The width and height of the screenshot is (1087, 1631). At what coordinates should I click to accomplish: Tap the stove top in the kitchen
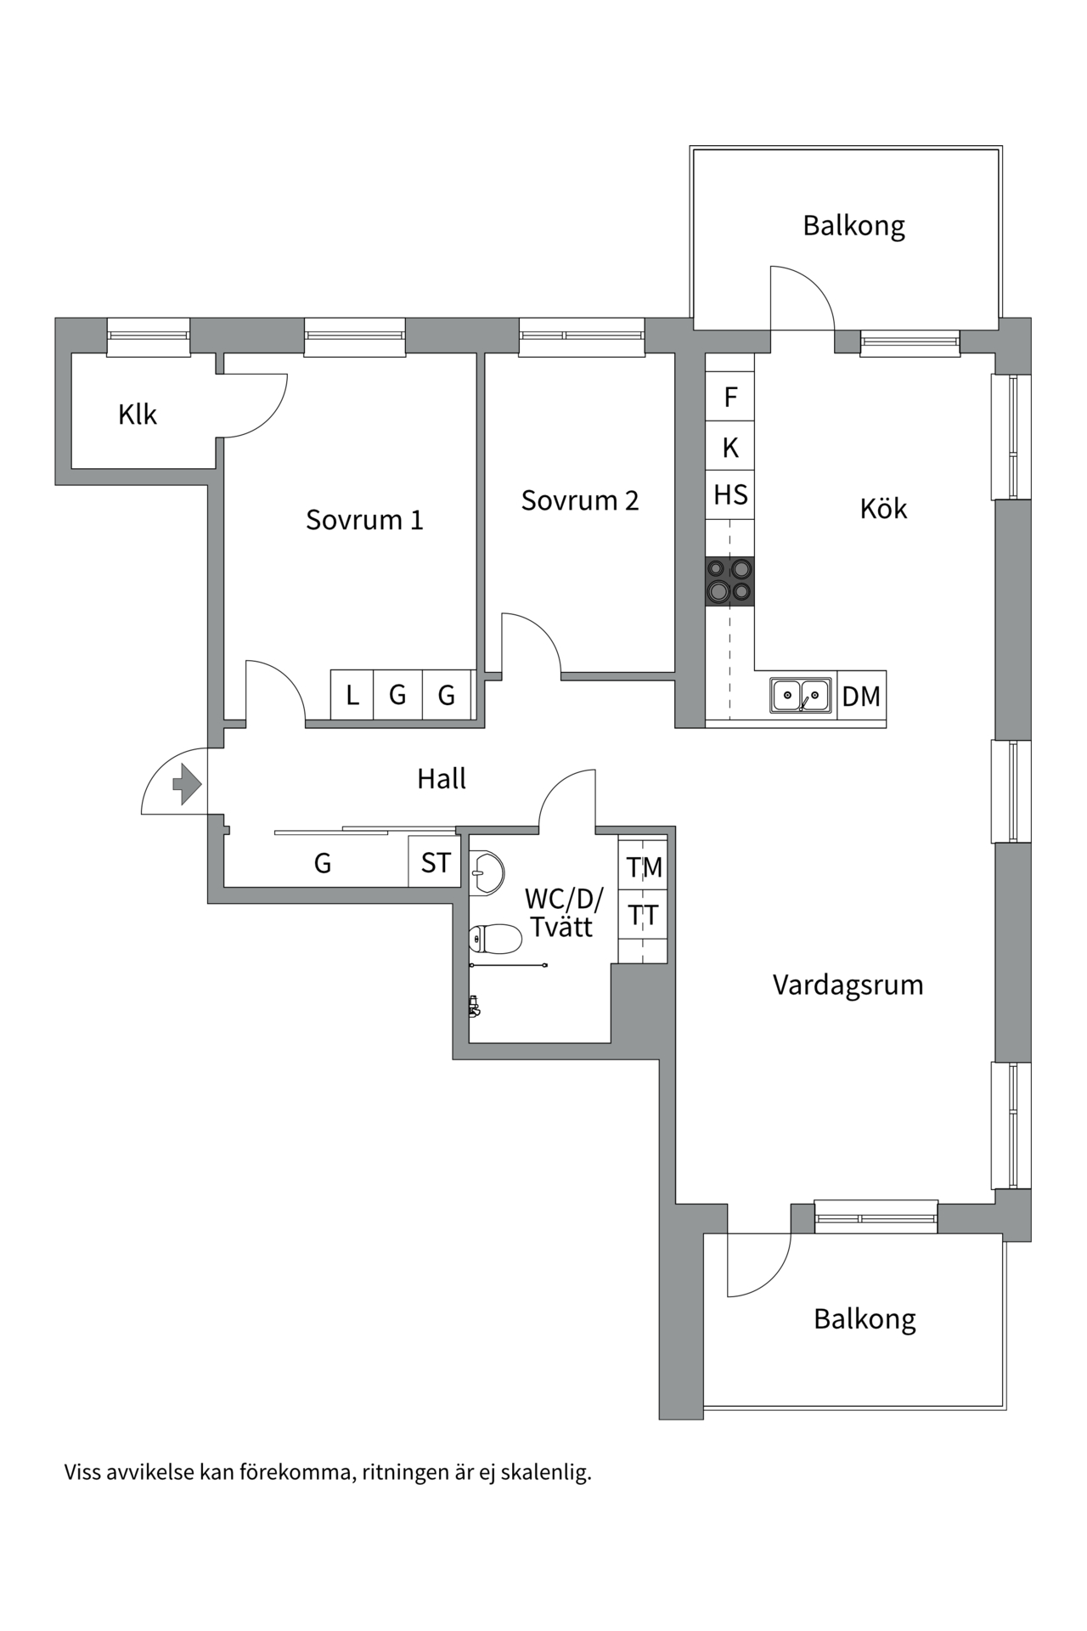[729, 581]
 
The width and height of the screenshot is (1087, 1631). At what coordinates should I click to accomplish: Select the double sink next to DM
[801, 696]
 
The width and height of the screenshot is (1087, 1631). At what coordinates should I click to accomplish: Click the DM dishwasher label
[861, 697]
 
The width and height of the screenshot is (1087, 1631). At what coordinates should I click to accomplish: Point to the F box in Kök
[730, 397]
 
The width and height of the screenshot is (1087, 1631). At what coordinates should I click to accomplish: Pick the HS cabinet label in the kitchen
[730, 494]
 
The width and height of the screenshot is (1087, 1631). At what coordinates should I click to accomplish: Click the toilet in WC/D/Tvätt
[496, 939]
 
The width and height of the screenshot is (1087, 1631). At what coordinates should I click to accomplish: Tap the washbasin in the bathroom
[487, 872]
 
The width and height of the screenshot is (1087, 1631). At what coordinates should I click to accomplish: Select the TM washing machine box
[644, 867]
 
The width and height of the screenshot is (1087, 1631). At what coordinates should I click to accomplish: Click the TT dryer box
[644, 916]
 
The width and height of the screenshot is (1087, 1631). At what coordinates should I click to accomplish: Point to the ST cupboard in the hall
[436, 863]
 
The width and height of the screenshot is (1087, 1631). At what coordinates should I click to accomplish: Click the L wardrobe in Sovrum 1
[352, 696]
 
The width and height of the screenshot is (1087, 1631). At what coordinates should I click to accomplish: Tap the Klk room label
[138, 415]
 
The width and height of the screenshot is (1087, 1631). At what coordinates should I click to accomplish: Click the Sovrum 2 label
[579, 500]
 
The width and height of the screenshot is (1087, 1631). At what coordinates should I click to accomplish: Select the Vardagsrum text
[848, 985]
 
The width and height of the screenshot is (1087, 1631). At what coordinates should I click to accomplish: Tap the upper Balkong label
[853, 226]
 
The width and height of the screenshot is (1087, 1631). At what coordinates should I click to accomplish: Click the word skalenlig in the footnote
[545, 1472]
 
